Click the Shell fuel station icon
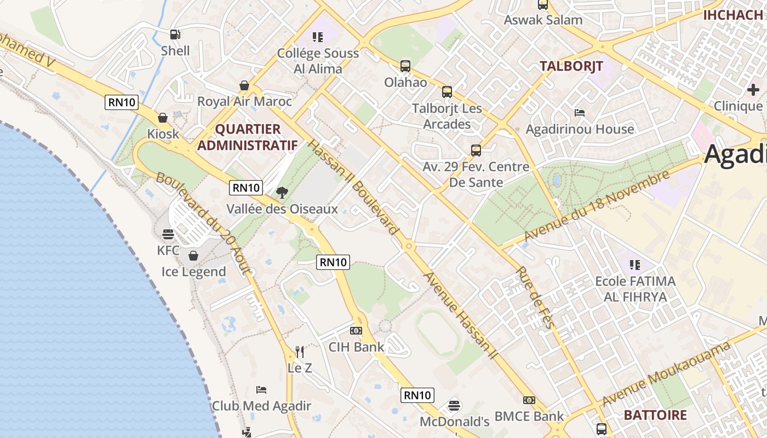(x=175, y=34)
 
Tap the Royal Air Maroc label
(x=244, y=101)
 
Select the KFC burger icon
(x=168, y=235)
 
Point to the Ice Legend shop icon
(x=193, y=256)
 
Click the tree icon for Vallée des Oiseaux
(x=282, y=192)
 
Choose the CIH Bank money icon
(x=356, y=331)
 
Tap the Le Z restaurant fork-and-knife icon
(x=300, y=351)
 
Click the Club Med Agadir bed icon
(x=261, y=390)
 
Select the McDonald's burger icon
(x=454, y=406)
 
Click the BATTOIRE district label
(x=655, y=415)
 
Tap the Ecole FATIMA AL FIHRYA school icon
(x=635, y=265)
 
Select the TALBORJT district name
(x=571, y=66)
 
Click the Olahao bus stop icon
(x=405, y=66)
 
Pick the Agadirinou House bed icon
(x=580, y=113)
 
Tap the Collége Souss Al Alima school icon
(x=318, y=37)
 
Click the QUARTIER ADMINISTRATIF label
(x=248, y=137)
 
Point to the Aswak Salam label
(x=543, y=20)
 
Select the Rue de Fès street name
(x=535, y=297)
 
